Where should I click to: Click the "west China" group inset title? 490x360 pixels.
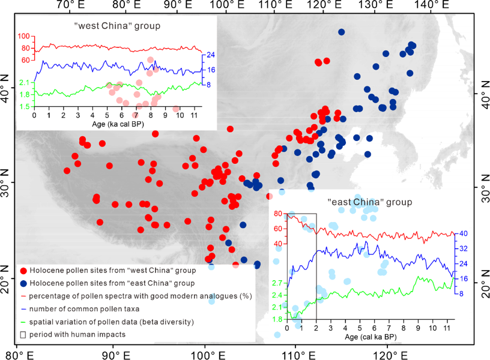point(117,26)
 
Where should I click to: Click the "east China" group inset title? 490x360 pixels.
point(369,202)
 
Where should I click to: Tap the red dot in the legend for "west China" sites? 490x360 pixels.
point(23,271)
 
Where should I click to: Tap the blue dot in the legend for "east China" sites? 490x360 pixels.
point(23,283)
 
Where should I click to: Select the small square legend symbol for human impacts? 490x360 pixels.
point(23,334)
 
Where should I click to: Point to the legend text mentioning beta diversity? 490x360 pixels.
point(111,322)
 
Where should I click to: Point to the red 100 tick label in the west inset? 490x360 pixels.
point(23,35)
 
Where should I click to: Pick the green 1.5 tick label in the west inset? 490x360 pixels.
point(23,107)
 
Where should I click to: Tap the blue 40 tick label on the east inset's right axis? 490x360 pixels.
point(464,233)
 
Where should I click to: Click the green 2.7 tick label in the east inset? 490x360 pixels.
point(277,283)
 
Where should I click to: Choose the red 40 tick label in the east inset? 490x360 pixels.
point(277,244)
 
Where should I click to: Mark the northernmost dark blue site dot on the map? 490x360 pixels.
point(341,32)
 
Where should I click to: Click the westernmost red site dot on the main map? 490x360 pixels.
point(67,170)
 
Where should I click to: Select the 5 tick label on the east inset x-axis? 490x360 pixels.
point(360,329)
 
